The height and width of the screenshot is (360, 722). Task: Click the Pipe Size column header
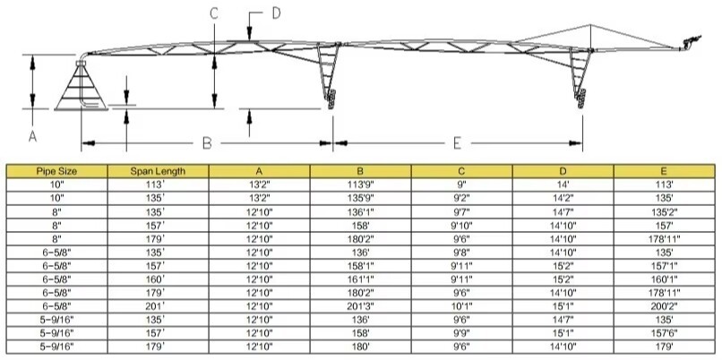coord(56,171)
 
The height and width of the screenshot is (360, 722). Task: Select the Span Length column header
coord(158,171)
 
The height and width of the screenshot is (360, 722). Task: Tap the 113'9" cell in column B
coord(360,185)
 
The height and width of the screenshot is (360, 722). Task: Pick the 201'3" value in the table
coord(360,306)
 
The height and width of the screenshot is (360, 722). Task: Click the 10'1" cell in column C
coord(461,306)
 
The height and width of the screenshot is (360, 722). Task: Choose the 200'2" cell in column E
coord(664,306)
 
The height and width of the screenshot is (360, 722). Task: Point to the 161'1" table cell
coord(360,279)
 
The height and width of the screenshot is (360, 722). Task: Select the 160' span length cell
coord(158,279)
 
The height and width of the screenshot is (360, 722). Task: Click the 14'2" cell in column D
coord(563,199)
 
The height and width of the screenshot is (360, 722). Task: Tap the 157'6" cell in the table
coord(664,333)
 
